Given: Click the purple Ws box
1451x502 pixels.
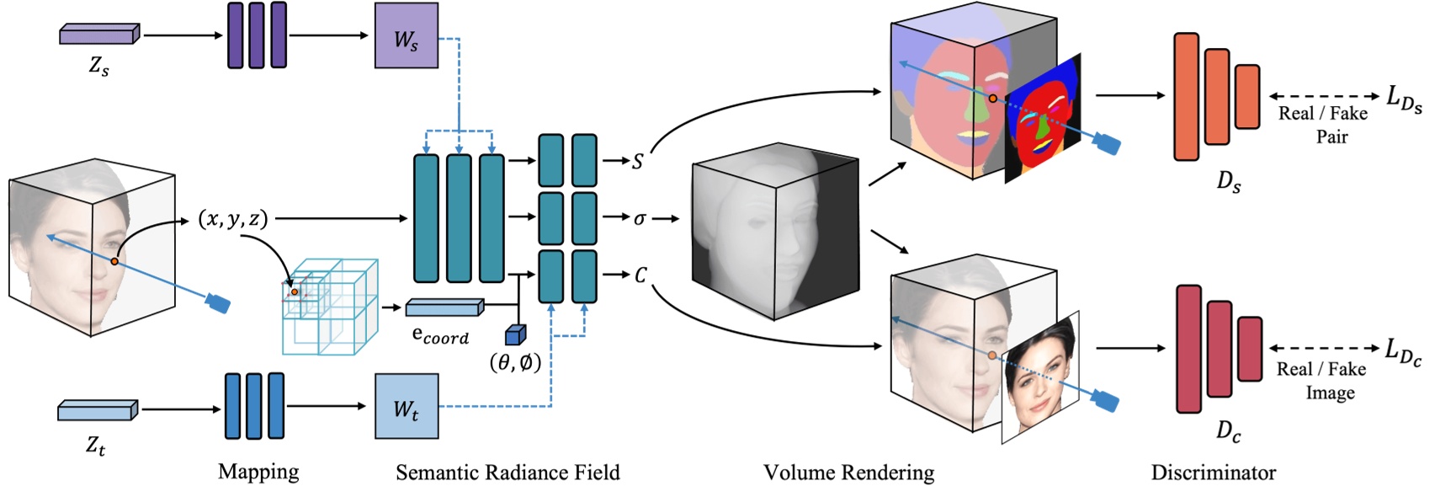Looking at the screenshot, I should [406, 36].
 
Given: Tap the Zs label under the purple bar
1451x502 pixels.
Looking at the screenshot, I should [98, 67].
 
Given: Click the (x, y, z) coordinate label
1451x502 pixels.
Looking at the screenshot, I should [233, 219].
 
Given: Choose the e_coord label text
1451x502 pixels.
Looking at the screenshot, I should [439, 335].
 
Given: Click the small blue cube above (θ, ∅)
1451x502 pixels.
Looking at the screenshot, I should [514, 335].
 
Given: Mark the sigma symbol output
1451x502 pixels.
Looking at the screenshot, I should [640, 219].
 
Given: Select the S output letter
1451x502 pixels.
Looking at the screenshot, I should [637, 161].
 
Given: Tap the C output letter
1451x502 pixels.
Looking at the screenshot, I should [640, 275].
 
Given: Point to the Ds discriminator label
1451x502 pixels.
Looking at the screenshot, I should [1228, 181].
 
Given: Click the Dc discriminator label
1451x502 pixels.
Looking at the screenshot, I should [1228, 432].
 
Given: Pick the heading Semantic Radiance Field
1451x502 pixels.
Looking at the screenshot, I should [508, 473].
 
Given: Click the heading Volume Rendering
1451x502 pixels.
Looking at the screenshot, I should [848, 473].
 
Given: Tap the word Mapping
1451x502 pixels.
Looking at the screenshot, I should [258, 472].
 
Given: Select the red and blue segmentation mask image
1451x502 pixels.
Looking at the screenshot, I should [1044, 118].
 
